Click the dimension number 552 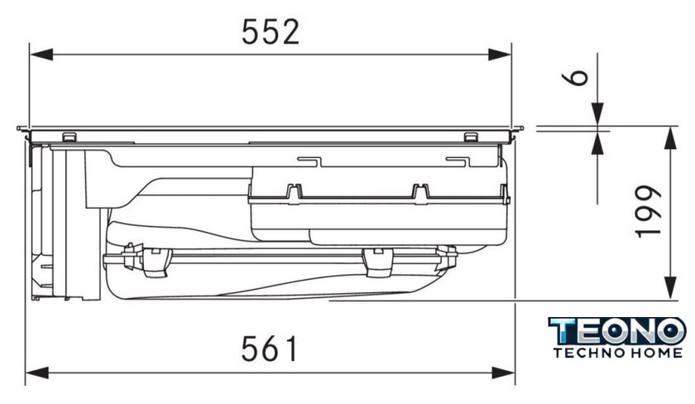[x=271, y=32]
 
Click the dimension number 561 [x=270, y=349]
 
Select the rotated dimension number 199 [x=648, y=212]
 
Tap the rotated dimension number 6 [x=575, y=78]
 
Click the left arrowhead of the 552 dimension [x=41, y=55]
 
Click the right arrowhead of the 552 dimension [x=500, y=55]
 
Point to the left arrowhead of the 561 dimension [x=37, y=373]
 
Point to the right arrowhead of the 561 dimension [x=503, y=373]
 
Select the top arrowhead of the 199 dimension [x=670, y=138]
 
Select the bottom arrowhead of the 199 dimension [x=670, y=288]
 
